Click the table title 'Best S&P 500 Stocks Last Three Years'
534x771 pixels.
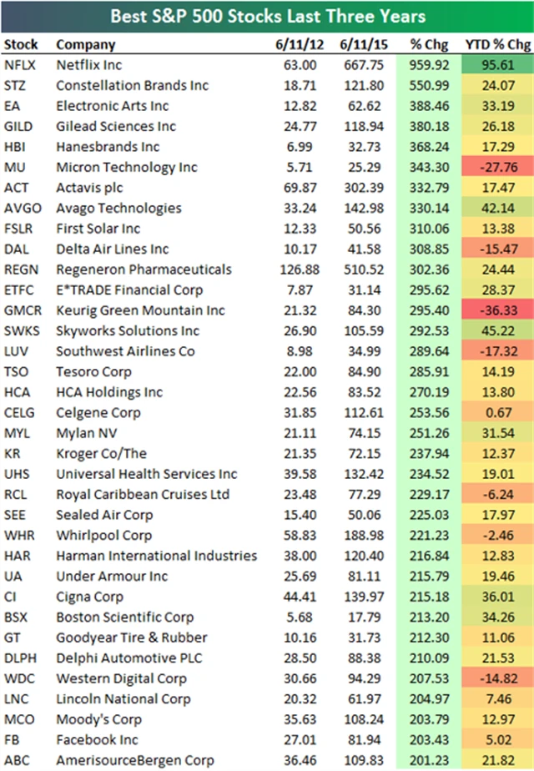click(266, 15)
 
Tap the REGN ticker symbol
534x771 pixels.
click(20, 270)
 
